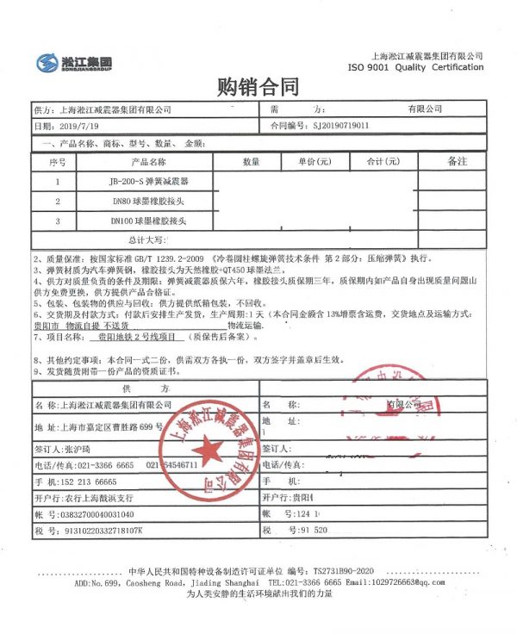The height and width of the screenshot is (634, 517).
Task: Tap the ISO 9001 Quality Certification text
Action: pos(415,67)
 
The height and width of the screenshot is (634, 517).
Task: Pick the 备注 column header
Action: pos(457,161)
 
